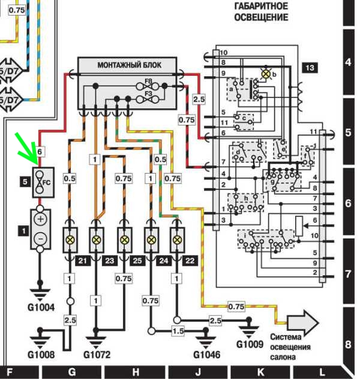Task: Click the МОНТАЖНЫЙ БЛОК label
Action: coord(129,65)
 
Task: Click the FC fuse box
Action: coord(41,180)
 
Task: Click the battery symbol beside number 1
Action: coord(40,228)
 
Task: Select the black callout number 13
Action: coord(310,67)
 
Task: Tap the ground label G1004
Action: coord(41,308)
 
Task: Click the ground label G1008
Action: coord(41,355)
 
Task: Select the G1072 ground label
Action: coord(97,355)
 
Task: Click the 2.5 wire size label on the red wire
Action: coord(199,99)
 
